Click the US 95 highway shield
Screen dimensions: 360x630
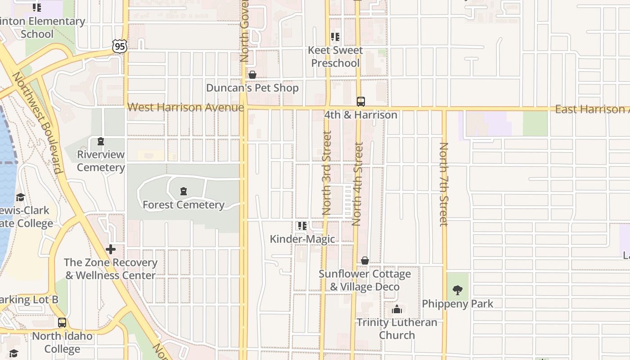(x=120, y=46)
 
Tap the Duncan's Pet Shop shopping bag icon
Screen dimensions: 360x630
(x=252, y=75)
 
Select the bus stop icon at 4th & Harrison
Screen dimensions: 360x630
(x=361, y=101)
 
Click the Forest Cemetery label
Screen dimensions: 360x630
(x=184, y=205)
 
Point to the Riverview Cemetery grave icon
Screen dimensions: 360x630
(x=100, y=142)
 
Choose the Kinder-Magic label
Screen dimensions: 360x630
(x=302, y=239)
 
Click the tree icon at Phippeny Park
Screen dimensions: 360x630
(x=458, y=290)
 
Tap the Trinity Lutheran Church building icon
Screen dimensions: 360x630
(x=397, y=309)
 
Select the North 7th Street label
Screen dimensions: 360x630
(x=444, y=184)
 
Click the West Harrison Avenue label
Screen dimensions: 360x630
(x=186, y=108)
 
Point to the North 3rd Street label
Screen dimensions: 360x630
(x=327, y=173)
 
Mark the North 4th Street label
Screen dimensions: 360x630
(x=358, y=184)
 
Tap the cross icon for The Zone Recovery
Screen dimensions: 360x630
(x=111, y=249)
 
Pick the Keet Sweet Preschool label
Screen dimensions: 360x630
(x=335, y=57)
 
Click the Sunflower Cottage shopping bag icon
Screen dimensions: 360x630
(x=365, y=261)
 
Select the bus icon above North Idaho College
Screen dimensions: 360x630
(x=62, y=323)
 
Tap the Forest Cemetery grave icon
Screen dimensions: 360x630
(x=184, y=192)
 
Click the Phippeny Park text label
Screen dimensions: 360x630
(x=458, y=304)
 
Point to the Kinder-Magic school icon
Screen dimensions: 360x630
(x=302, y=225)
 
